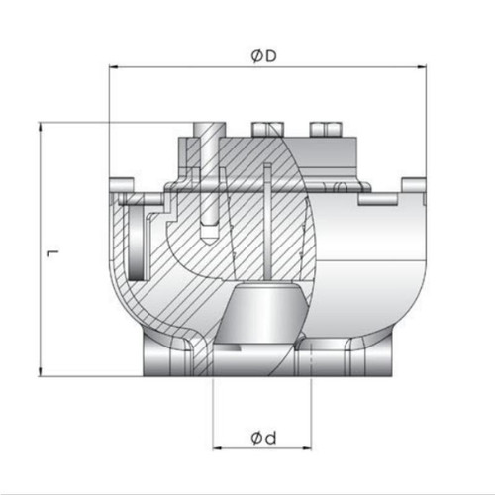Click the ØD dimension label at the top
263,57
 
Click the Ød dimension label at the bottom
263,437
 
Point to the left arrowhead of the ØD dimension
112,67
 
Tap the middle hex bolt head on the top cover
265,129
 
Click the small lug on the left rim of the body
123,185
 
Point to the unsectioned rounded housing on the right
366,267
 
